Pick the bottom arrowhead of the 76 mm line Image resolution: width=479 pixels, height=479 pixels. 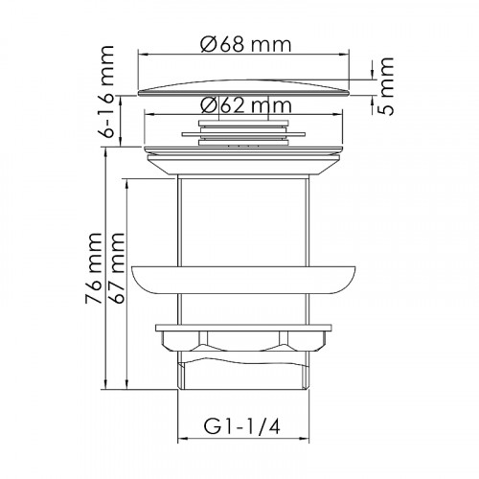pos(101,390)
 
